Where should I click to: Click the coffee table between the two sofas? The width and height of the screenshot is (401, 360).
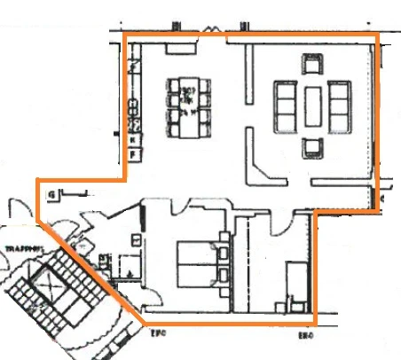click(314, 105)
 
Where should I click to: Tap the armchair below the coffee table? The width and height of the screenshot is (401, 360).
click(312, 147)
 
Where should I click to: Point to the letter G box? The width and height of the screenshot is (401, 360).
click(54, 192)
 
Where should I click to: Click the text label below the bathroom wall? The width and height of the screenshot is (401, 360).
click(158, 335)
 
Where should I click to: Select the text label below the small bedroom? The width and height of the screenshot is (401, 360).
click(306, 336)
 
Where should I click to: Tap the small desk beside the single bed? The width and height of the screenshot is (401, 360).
click(285, 306)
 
